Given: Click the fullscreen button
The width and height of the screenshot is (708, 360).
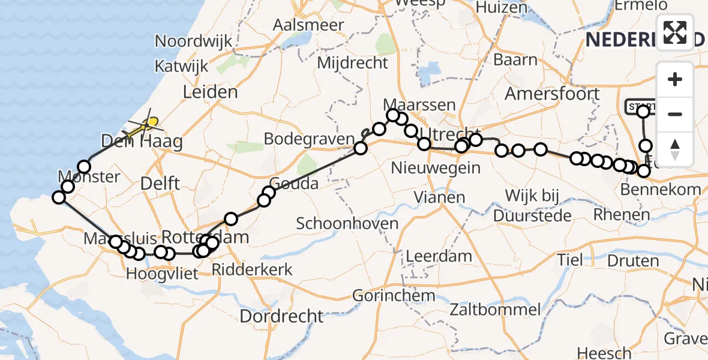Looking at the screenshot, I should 675,32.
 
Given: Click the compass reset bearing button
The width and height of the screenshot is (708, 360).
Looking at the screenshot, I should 675,149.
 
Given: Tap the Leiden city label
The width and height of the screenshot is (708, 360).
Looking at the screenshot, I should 210,92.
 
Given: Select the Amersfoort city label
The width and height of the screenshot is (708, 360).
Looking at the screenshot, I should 552,94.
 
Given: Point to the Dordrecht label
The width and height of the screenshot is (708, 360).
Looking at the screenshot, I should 281,316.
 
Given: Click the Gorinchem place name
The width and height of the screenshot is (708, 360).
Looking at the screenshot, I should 394,295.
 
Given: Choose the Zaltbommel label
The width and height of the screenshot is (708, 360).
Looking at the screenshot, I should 497,310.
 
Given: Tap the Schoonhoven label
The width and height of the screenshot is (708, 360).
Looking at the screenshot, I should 347,224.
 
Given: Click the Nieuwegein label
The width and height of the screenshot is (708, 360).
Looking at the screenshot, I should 436,167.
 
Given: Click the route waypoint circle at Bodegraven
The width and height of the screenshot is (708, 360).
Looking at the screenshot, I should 361,148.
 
